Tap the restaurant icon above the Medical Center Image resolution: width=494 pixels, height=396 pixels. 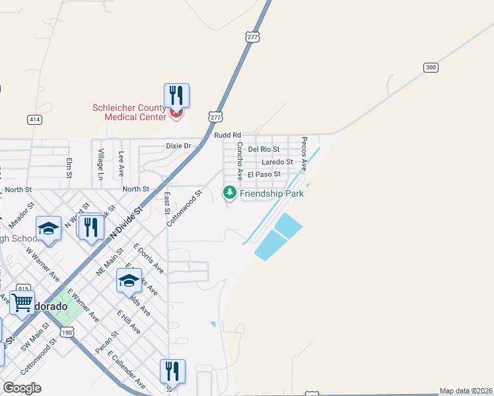coord(176,95)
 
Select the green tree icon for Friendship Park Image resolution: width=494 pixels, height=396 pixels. coord(229,193)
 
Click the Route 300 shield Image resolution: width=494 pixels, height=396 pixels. coord(431,67)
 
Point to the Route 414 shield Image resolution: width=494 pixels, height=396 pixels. coord(34,119)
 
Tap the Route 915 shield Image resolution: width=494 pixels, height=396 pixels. coord(24,288)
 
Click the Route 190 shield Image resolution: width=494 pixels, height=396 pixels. coord(67,333)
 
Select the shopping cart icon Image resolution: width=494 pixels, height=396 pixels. coord(22,302)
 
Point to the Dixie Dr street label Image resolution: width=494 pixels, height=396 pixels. coord(178,146)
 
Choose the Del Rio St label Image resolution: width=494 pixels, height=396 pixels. coord(264,150)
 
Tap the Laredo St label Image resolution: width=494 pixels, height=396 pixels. coord(277,162)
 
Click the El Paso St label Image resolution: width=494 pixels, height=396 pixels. coord(264,174)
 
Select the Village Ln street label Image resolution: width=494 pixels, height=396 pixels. coord(100,165)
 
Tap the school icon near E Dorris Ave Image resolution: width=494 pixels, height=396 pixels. coord(129,280)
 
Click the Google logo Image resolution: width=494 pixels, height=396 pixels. coord(22,388)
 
